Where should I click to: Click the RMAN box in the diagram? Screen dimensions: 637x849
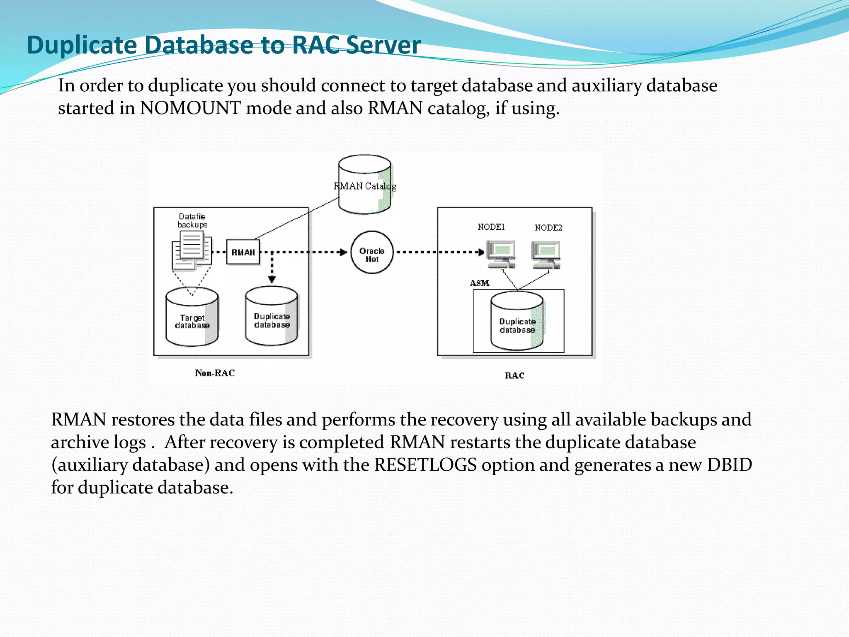[243, 252]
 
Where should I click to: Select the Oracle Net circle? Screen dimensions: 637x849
[372, 252]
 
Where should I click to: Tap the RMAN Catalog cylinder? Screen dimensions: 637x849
[364, 185]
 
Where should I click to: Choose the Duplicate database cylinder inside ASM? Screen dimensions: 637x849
[517, 321]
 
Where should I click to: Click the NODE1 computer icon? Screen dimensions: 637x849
[501, 254]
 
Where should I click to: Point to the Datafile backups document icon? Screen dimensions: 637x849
[192, 250]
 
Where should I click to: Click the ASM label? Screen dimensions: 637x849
[479, 283]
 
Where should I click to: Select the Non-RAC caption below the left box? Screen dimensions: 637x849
[215, 373]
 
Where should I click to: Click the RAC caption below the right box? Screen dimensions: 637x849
[514, 375]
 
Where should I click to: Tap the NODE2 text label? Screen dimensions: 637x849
[548, 228]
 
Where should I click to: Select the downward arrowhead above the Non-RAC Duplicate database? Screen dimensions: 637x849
[272, 280]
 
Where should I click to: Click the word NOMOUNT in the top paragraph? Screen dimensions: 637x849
[190, 108]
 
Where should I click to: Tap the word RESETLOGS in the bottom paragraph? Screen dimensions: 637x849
[425, 465]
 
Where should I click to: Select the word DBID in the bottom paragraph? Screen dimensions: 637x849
[729, 465]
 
